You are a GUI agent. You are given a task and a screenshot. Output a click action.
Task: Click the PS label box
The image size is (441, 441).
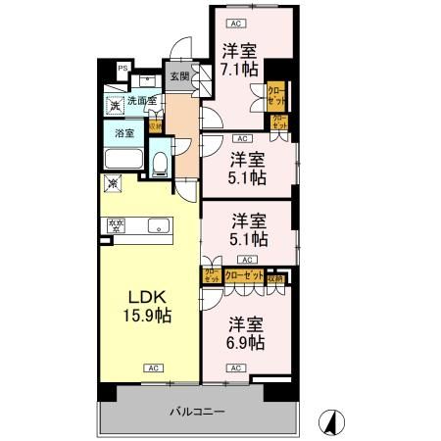(122, 68)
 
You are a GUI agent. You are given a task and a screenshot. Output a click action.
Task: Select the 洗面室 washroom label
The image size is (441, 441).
(144, 99)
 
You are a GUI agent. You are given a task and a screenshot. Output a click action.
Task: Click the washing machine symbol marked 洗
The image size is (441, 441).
(116, 106)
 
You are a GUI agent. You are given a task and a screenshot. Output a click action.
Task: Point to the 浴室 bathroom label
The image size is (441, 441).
(124, 132)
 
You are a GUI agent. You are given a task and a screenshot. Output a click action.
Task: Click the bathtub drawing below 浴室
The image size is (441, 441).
(125, 160)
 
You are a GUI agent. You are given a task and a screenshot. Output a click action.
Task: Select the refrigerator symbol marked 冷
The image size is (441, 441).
(114, 183)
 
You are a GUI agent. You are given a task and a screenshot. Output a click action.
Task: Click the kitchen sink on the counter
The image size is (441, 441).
(157, 227)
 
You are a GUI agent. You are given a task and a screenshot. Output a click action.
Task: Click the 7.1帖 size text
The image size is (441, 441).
(239, 71)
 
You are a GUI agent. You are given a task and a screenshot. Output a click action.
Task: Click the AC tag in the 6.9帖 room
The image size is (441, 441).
(235, 367)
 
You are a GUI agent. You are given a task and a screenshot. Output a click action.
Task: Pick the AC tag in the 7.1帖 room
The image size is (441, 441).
(234, 22)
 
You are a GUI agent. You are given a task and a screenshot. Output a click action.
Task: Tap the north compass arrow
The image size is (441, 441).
(331, 422)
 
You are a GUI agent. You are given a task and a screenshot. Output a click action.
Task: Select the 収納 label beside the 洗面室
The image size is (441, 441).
(155, 125)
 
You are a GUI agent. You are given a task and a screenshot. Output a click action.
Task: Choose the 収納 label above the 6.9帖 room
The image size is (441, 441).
(279, 278)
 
